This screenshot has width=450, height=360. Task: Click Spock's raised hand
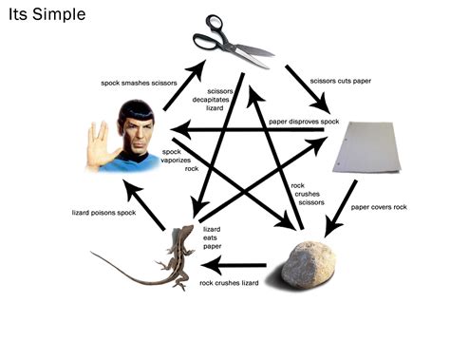point(95,142)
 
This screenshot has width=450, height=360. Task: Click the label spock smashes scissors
point(138,84)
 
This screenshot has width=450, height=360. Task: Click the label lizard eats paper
point(213,237)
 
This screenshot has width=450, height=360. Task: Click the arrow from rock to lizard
point(242,264)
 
